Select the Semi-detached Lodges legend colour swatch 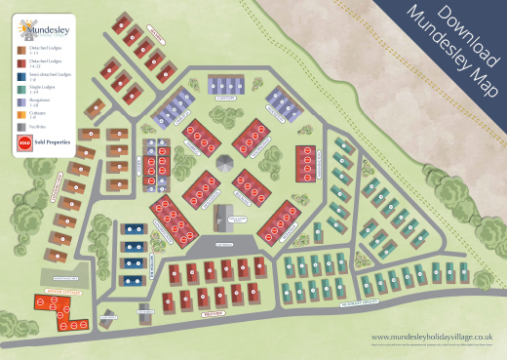21,74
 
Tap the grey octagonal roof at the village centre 226,162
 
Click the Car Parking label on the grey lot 225,235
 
